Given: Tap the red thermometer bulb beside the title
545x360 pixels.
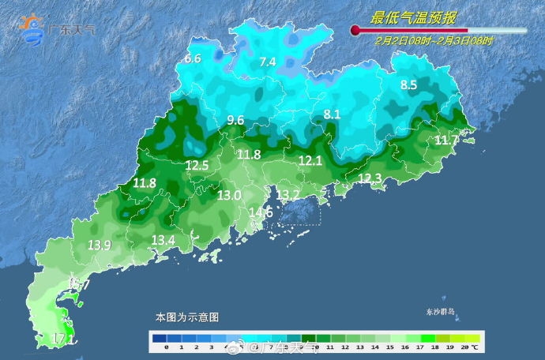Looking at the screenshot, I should pyautogui.click(x=355, y=31).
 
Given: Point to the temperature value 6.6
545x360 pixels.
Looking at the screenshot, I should pyautogui.click(x=193, y=58).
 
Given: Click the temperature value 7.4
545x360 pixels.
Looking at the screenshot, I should pyautogui.click(x=268, y=62).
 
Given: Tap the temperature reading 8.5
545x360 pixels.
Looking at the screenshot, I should pyautogui.click(x=408, y=84).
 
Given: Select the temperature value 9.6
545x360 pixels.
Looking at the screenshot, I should pyautogui.click(x=235, y=120).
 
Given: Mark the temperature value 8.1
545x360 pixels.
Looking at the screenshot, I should pyautogui.click(x=332, y=114).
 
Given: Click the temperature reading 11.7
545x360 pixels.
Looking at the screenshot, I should pyautogui.click(x=446, y=140).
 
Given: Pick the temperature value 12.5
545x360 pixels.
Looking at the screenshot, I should pyautogui.click(x=197, y=165).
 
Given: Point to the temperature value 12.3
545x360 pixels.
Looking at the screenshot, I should pyautogui.click(x=370, y=178).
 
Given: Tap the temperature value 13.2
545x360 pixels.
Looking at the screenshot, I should pyautogui.click(x=288, y=194).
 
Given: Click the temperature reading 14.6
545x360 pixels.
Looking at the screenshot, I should pyautogui.click(x=261, y=212).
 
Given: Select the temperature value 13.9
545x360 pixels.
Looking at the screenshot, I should pyautogui.click(x=99, y=246).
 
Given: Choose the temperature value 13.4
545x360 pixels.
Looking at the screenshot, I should pyautogui.click(x=163, y=239).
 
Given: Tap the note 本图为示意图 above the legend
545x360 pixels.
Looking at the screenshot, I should pyautogui.click(x=186, y=317).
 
